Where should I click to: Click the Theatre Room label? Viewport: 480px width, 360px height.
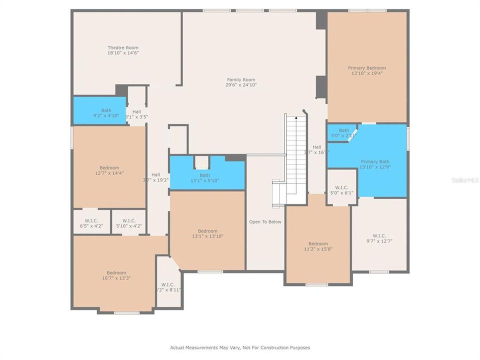pyautogui.click(x=123, y=47)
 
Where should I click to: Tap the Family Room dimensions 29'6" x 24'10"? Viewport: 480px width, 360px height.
pyautogui.click(x=241, y=85)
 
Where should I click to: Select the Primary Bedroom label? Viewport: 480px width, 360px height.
pyautogui.click(x=367, y=67)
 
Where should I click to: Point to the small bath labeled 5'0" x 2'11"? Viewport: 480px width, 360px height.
pyautogui.click(x=344, y=133)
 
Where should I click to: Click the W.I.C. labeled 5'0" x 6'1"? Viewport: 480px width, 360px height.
pyautogui.click(x=342, y=189)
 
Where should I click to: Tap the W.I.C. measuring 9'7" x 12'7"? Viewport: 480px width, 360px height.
pyautogui.click(x=379, y=238)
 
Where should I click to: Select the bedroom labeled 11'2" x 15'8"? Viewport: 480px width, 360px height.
pyautogui.click(x=318, y=246)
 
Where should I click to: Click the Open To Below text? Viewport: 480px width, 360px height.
pyautogui.click(x=265, y=221)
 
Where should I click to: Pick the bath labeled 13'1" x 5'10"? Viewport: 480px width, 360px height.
pyautogui.click(x=205, y=178)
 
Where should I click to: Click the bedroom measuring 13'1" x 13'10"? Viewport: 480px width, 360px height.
pyautogui.click(x=207, y=233)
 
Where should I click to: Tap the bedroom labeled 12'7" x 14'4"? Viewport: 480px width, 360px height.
pyautogui.click(x=109, y=170)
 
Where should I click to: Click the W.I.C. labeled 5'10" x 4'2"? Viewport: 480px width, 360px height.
pyautogui.click(x=128, y=223)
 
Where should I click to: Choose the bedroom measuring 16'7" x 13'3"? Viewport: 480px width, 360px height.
pyautogui.click(x=116, y=275)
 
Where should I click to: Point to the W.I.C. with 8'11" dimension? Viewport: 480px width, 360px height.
pyautogui.click(x=169, y=287)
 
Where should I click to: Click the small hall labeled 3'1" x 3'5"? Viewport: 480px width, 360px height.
pyautogui.click(x=136, y=114)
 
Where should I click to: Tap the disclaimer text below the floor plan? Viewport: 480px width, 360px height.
pyautogui.click(x=240, y=347)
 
